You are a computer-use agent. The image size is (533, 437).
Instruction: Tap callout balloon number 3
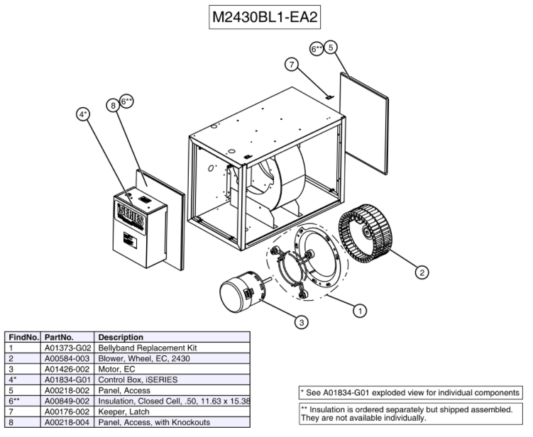[302, 322]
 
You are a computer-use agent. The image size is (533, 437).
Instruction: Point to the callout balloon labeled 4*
[84, 114]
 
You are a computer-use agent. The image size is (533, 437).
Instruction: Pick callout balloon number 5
[331, 48]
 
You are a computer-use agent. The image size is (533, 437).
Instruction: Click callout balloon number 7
[290, 65]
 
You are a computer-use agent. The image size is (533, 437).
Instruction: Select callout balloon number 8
[113, 105]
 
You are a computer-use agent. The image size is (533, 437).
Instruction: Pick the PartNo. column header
[59, 337]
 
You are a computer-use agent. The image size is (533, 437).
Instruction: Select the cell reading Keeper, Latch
[124, 411]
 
